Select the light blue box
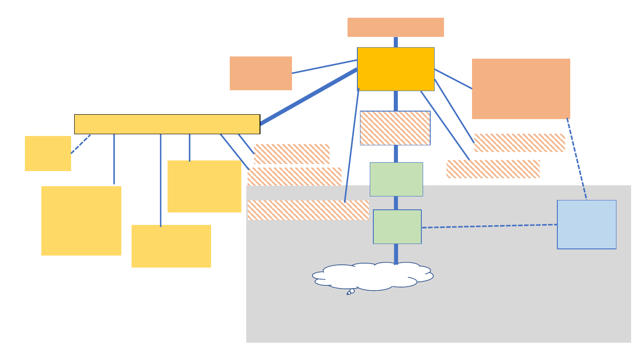pos(586,224)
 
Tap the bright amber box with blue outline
pos(396,69)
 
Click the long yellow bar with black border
pos(167,124)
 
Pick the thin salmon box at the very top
pos(396,27)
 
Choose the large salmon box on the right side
pos(521,88)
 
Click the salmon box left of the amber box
pos(260,73)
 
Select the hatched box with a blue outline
pos(395,128)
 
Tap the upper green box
pos(396,179)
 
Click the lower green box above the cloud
pos(397,227)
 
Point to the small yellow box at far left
pos(48,153)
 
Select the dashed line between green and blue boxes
pos(489,226)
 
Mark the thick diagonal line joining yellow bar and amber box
pos(308,96)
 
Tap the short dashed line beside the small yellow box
pos(80,144)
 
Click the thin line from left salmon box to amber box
pos(324,66)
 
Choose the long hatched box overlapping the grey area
pos(308,210)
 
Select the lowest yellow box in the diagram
pos(171,246)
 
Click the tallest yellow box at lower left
pos(81,220)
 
